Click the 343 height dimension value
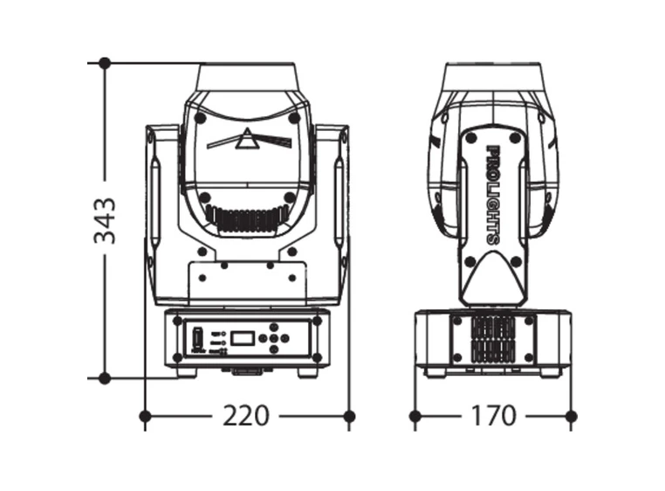[106, 221]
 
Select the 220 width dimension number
[245, 416]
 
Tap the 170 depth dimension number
[493, 416]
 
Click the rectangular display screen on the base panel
[244, 337]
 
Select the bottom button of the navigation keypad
[278, 349]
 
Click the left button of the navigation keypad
[267, 338]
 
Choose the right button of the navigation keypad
[289, 338]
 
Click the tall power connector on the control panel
[197, 337]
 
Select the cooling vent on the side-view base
[493, 340]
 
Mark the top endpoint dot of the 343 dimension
[105, 63]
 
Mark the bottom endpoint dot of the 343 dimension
[105, 378]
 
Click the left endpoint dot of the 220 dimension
[145, 416]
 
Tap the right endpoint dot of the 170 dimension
[571, 416]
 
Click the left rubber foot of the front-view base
[186, 372]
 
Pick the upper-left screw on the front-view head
[200, 116]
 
